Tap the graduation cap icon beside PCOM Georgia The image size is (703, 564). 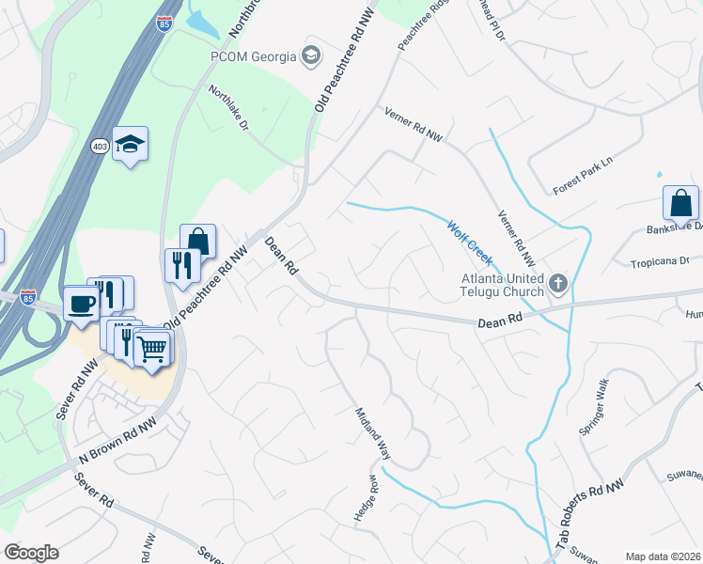(310, 55)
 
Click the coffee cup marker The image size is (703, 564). (81, 305)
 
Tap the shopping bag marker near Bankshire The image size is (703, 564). (680, 202)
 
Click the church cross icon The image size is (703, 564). (557, 281)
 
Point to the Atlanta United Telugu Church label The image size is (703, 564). (502, 285)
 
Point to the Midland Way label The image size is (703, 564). (372, 433)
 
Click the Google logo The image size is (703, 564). (31, 553)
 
